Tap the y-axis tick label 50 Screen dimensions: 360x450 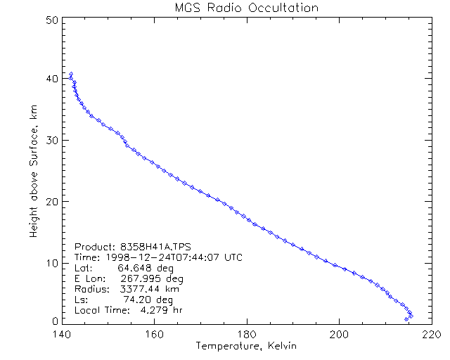click(51, 20)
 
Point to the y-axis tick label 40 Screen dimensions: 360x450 click(51, 79)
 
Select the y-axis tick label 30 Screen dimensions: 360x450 click(51, 140)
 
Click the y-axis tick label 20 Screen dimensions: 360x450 click(51, 201)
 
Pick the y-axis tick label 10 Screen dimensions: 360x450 click(51, 262)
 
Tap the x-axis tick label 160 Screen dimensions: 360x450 click(154, 335)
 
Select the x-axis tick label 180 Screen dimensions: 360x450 click(247, 335)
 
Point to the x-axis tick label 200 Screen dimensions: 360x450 click(339, 335)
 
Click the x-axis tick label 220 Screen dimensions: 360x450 click(431, 335)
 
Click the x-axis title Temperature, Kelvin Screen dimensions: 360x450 click(246, 347)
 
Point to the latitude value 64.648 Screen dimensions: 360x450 click(134, 268)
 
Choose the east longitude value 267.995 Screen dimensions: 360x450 click(138, 278)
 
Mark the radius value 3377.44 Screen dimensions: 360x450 click(138, 289)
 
